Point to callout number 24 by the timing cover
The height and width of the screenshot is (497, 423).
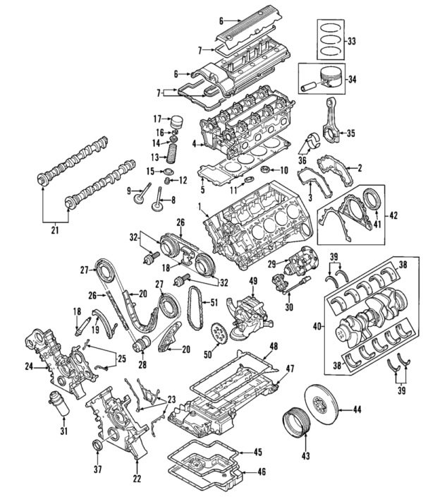point(28,366)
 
